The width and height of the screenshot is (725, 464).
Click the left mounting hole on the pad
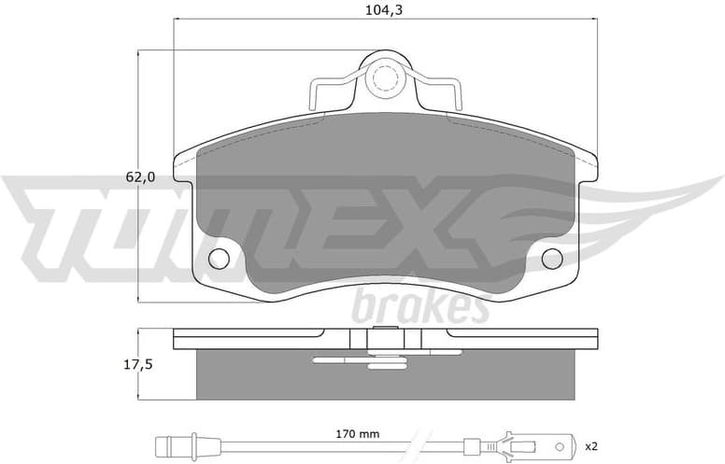(220, 259)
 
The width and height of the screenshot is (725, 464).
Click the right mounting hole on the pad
(551, 259)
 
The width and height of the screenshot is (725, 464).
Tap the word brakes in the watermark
(420, 305)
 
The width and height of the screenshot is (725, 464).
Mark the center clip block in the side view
(384, 342)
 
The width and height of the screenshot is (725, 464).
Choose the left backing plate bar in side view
(248, 332)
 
